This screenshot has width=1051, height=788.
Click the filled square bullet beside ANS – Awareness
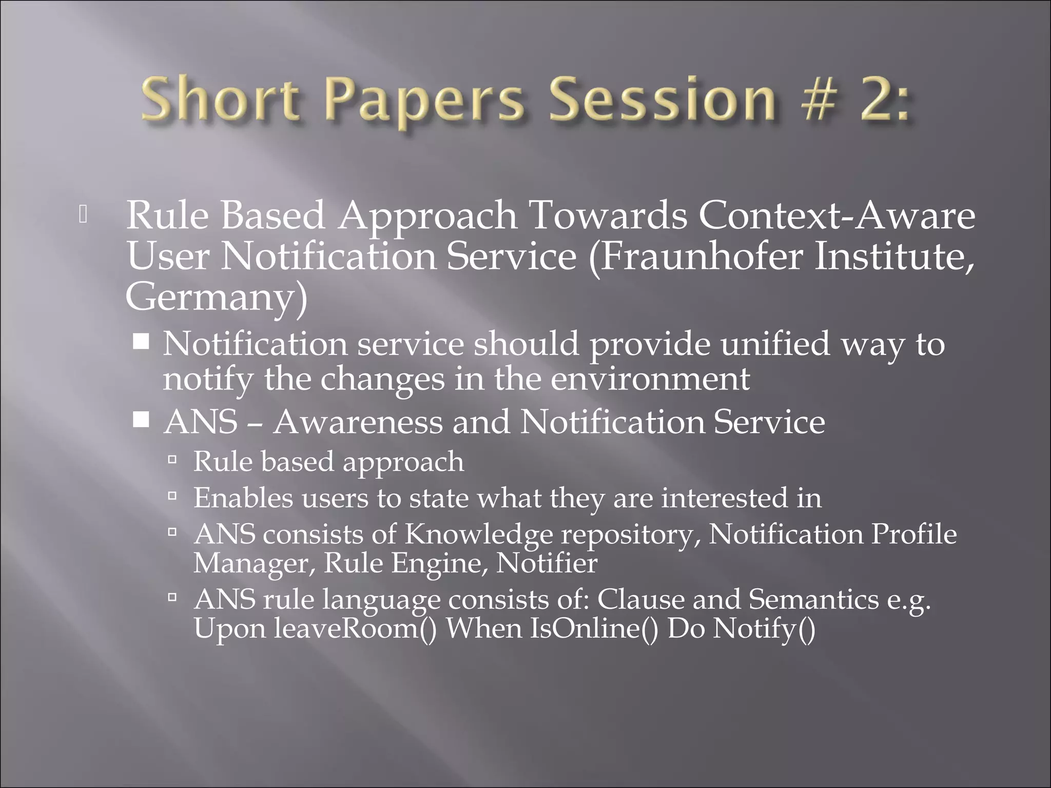click(141, 421)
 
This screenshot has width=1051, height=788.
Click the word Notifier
click(547, 563)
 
